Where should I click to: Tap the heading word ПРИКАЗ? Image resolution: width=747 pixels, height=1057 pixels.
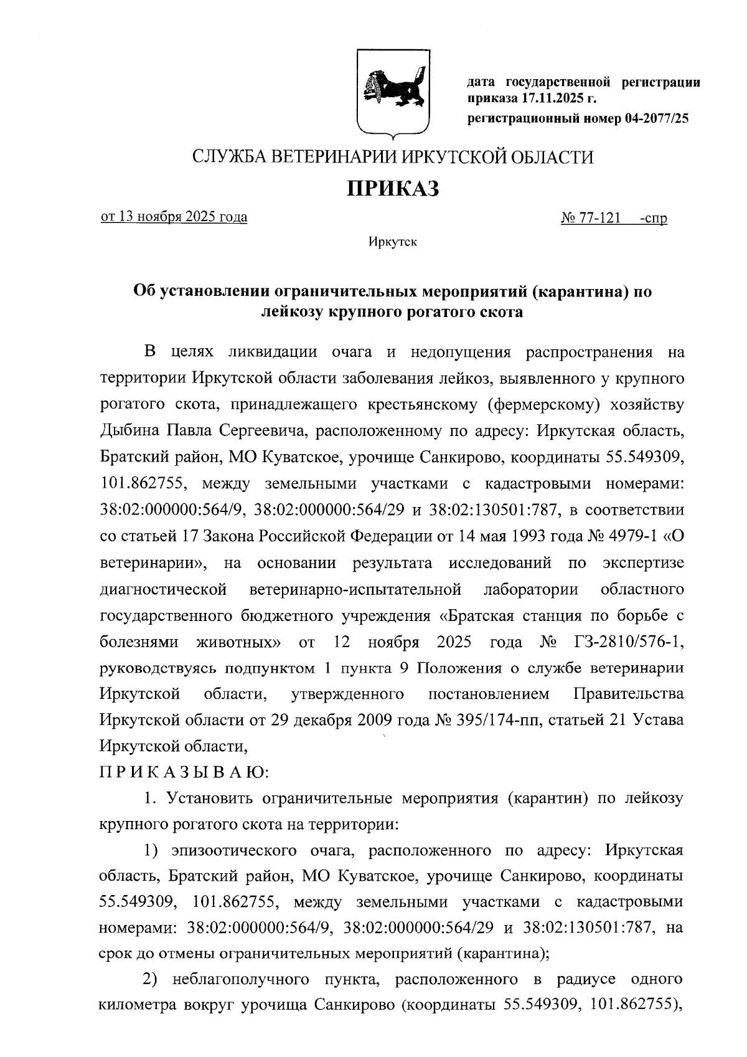coord(393,187)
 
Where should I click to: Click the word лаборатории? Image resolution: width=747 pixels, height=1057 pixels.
coord(530,589)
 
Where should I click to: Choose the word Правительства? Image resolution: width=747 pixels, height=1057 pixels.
coord(628,694)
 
